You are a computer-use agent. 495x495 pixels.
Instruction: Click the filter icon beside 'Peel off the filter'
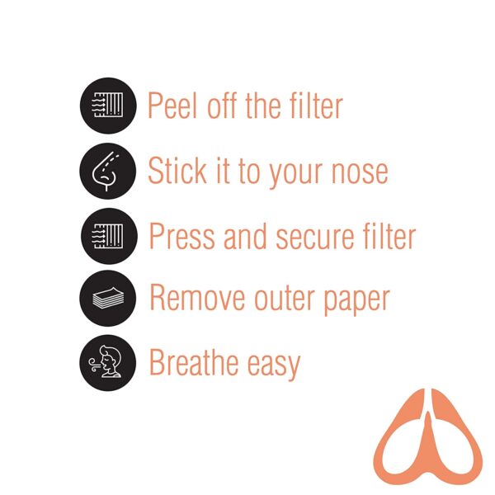[x=107, y=105]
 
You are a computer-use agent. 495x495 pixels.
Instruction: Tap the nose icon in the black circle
[x=106, y=171]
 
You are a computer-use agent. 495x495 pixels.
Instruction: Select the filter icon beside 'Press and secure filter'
[x=107, y=236]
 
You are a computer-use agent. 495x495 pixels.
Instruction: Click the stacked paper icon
[x=108, y=298]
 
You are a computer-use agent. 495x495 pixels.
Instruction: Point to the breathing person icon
[x=105, y=361]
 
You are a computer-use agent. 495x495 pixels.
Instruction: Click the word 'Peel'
[x=172, y=105]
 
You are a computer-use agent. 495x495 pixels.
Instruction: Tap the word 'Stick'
[x=177, y=171]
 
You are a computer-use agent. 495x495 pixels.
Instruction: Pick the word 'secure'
[x=316, y=238]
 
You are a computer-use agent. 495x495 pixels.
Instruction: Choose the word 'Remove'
[x=197, y=297]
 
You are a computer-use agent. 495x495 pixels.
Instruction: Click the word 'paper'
[x=357, y=301]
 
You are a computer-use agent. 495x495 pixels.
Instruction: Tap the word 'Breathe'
[x=194, y=362]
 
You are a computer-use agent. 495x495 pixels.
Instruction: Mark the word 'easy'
[x=274, y=366]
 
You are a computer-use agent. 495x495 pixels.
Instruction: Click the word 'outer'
[x=284, y=299]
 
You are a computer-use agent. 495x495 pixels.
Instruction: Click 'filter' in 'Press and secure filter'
[x=389, y=236]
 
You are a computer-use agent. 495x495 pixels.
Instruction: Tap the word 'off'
[x=222, y=105]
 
